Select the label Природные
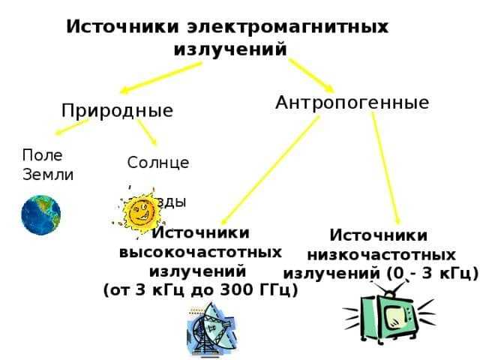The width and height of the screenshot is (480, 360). [x=117, y=111]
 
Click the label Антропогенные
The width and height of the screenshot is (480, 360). [x=352, y=102]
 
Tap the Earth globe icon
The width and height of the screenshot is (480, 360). [x=40, y=214]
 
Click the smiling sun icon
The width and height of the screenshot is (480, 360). [x=139, y=214]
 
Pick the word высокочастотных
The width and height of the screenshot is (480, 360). [x=201, y=251]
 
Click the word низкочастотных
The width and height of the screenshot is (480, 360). [x=381, y=254]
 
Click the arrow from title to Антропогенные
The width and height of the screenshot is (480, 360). [x=311, y=74]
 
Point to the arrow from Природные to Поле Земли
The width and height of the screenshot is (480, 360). [x=72, y=128]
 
